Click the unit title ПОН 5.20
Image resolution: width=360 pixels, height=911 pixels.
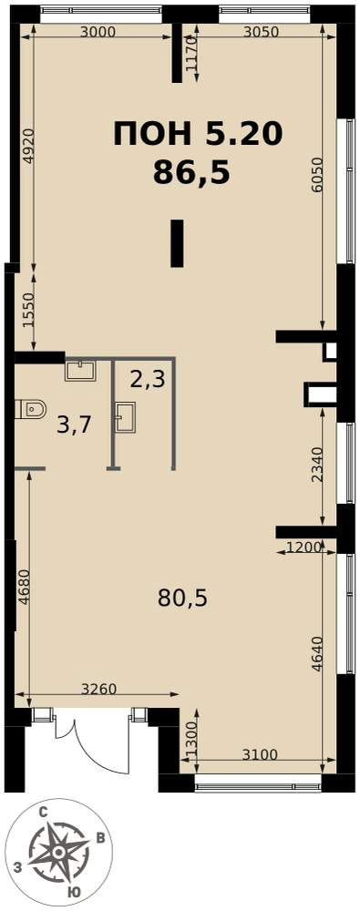(197, 134)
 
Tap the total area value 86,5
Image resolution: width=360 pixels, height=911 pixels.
(192, 172)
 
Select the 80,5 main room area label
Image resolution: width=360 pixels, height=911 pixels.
(182, 597)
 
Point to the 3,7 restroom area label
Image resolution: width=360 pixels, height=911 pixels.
(73, 426)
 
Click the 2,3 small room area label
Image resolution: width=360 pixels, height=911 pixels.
(147, 380)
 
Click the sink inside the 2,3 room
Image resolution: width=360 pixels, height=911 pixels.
(125, 416)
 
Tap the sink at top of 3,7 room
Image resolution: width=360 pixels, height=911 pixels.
(79, 371)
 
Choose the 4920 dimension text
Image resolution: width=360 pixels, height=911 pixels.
(29, 146)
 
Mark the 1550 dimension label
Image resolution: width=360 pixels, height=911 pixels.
(29, 311)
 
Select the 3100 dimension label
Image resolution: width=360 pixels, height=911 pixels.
(259, 754)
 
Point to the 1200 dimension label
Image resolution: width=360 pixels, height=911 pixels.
(304, 546)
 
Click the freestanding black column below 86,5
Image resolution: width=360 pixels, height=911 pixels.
(178, 243)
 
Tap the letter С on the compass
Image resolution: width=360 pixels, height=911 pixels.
(43, 814)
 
